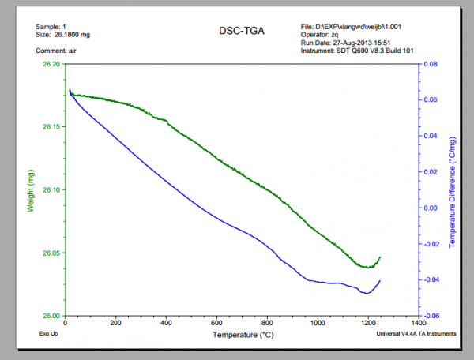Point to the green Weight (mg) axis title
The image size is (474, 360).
click(31, 189)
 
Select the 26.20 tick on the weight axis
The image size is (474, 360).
click(51, 65)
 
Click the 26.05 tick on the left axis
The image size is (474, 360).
click(51, 253)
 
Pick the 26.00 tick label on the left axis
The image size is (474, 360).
click(51, 316)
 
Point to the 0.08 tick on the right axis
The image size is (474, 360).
click(430, 65)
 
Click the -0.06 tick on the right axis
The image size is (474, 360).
click(431, 316)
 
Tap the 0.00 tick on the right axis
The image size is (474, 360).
click(430, 208)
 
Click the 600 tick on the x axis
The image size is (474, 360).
click(216, 324)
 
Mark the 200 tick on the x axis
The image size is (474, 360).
click(116, 324)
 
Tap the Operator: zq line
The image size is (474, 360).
click(324, 35)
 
